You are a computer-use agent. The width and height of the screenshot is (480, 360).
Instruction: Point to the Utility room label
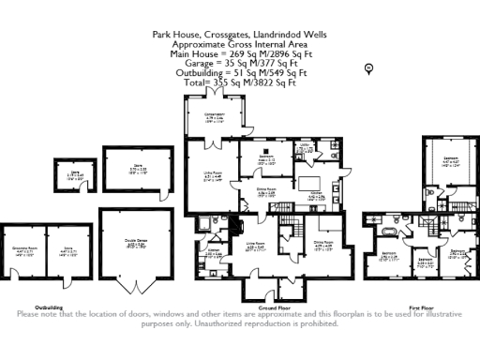pos(306,144)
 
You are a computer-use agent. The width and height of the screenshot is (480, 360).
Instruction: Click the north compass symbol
pos(369,67)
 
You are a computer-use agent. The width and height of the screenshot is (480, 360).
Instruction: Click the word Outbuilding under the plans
pos(49,307)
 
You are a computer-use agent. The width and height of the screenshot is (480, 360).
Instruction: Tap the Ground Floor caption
pos(272,307)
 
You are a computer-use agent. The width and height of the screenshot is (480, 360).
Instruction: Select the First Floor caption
pos(421,307)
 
